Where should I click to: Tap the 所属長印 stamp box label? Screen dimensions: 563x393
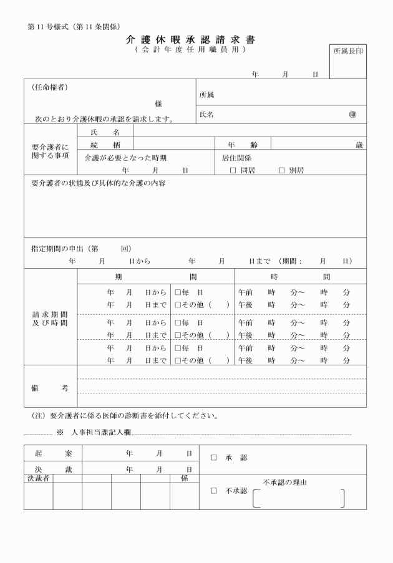click(347, 51)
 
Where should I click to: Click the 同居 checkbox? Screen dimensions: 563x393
click(233, 170)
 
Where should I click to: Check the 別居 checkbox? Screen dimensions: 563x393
click(281, 170)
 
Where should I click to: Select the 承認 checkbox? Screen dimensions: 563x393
click(213, 458)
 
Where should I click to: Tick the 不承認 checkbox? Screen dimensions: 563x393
click(213, 491)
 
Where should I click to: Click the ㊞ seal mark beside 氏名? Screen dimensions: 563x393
click(353, 115)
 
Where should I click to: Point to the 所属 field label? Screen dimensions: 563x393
click(206, 95)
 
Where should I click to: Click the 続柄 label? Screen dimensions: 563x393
click(103, 144)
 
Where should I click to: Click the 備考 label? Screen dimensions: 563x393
click(50, 387)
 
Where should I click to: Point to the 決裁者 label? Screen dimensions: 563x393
click(38, 478)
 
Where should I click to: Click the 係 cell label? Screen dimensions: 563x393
click(184, 478)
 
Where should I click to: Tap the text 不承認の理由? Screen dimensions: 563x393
click(285, 482)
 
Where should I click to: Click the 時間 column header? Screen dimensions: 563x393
click(300, 276)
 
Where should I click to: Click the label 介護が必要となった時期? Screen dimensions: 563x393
click(126, 158)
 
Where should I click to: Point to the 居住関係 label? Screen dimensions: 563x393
click(236, 158)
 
